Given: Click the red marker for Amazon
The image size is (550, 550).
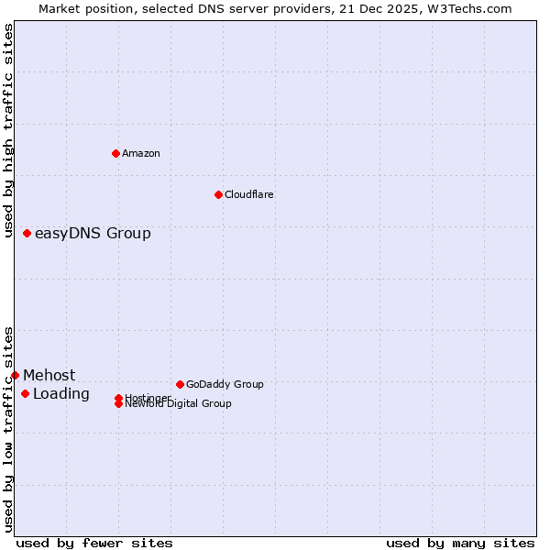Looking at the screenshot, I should [x=115, y=153].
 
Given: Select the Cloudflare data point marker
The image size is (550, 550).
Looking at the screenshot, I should [x=218, y=194].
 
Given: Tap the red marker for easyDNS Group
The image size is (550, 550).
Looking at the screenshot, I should [x=27, y=234].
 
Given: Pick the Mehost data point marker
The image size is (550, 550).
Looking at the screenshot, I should [x=16, y=375].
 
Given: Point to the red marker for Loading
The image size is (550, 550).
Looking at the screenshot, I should [x=25, y=394].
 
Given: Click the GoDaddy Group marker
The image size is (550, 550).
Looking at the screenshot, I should [x=180, y=384].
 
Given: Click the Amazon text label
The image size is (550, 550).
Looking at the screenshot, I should [x=141, y=153].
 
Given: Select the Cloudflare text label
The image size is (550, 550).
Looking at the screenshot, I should [x=249, y=194].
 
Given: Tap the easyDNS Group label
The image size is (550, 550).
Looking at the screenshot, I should [x=93, y=234].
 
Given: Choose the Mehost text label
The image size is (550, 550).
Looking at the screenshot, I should [x=49, y=375].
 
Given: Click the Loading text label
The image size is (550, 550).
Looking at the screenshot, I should [x=61, y=394].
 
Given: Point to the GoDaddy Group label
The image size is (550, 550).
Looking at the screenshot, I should [x=225, y=384].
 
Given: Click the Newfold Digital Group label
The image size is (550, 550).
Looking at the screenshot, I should [x=179, y=404].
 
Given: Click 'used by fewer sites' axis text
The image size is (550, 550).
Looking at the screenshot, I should [x=94, y=543].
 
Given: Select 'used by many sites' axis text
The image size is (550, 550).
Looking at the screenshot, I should [x=460, y=543].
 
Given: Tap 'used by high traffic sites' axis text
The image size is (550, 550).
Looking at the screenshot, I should [x=9, y=130].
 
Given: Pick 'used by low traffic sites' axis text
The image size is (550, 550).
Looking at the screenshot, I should [x=9, y=429].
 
